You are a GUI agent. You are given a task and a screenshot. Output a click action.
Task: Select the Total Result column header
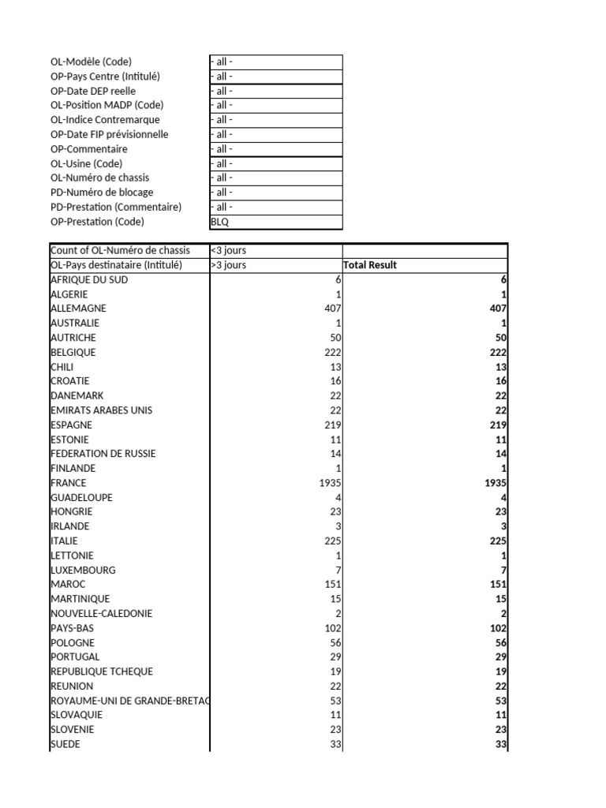click(x=370, y=265)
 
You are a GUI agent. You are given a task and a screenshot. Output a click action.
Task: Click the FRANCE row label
click(x=69, y=483)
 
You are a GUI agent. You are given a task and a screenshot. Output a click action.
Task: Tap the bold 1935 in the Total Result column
click(x=495, y=483)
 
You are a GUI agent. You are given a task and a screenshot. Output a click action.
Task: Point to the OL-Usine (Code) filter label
click(x=86, y=163)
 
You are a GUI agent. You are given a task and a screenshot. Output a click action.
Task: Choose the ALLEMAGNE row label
click(x=78, y=309)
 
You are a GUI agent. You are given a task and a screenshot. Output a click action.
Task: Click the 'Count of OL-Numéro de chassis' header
click(x=120, y=250)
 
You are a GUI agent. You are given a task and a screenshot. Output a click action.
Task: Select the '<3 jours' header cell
click(x=228, y=250)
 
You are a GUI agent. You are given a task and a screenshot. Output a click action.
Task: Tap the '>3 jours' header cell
click(x=228, y=265)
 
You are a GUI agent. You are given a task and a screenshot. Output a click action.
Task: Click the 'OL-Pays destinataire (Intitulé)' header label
click(x=116, y=265)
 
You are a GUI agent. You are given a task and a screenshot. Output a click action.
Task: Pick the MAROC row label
click(x=68, y=585)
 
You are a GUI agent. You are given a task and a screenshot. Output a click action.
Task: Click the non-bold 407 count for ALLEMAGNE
click(x=332, y=309)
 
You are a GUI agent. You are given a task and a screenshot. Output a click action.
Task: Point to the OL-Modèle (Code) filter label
click(x=91, y=62)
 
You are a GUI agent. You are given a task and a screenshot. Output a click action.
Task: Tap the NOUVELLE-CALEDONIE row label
click(x=102, y=614)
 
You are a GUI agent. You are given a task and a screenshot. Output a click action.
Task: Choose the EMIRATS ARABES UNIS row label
click(x=102, y=410)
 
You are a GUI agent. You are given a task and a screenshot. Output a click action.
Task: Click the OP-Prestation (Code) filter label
click(x=97, y=222)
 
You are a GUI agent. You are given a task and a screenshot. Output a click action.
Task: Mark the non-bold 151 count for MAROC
click(x=332, y=585)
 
